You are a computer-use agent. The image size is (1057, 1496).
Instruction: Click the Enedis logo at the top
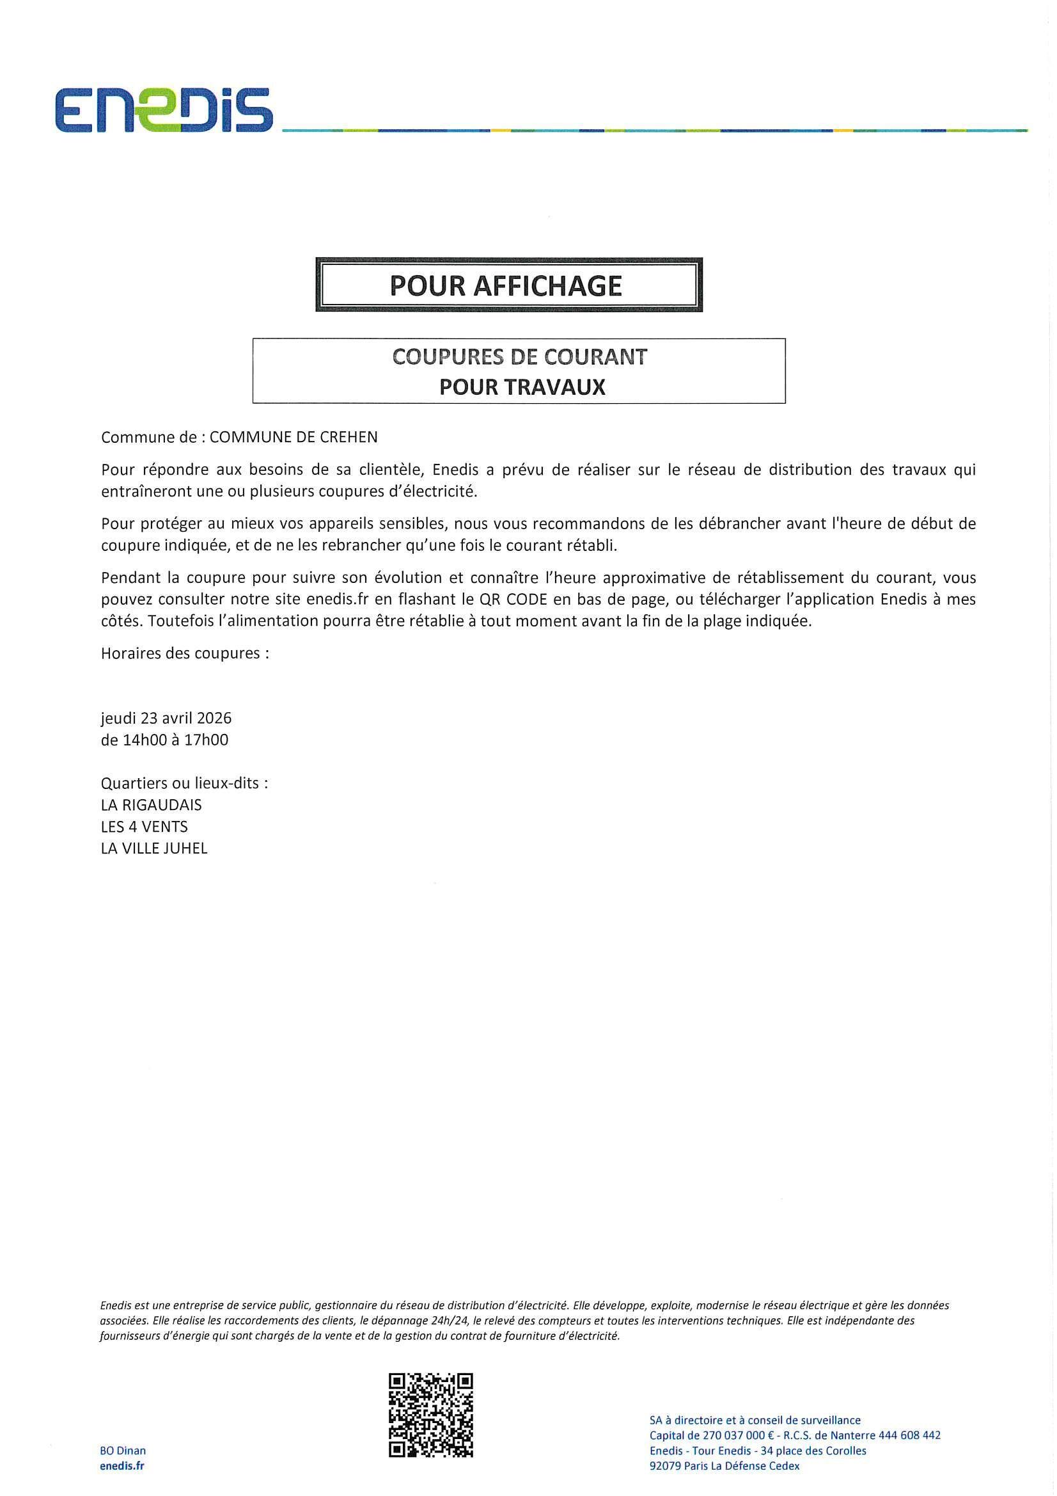tap(164, 111)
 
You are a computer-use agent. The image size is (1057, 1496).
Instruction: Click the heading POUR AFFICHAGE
tap(506, 285)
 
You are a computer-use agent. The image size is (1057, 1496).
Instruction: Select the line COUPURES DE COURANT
tap(520, 356)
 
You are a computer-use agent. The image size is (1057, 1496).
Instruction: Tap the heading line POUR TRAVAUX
tap(522, 387)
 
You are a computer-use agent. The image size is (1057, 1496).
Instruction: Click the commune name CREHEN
tap(348, 436)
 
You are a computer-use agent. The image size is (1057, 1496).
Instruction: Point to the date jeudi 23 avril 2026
tap(166, 718)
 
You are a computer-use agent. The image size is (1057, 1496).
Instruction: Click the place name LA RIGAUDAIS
tap(151, 805)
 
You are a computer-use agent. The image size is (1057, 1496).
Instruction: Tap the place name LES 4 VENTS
tap(144, 827)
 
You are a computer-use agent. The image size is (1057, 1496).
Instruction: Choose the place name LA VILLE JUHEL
tap(153, 848)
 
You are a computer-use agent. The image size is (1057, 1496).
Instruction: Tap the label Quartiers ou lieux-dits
tap(184, 783)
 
